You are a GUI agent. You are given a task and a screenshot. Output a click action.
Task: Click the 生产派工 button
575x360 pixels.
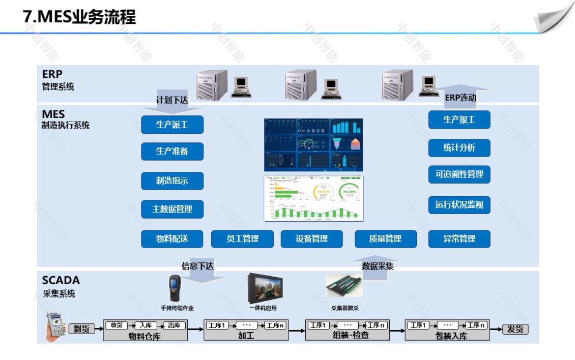172,125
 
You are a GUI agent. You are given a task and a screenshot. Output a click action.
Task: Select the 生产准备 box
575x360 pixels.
172,151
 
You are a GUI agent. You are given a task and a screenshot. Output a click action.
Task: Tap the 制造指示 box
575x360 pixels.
172,181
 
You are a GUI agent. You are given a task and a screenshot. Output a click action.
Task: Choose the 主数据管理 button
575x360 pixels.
172,209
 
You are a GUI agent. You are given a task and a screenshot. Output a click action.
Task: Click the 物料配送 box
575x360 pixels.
172,238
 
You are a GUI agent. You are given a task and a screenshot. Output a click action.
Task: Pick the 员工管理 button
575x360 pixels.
242,238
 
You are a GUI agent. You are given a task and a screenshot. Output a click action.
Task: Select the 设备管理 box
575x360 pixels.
312,238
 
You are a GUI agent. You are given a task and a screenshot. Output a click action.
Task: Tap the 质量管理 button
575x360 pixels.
385,238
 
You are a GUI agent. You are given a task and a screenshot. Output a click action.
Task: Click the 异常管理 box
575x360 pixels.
459,238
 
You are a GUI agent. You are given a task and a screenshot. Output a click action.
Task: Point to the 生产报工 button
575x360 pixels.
459,120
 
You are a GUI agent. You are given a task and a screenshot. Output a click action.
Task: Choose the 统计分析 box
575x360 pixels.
459,148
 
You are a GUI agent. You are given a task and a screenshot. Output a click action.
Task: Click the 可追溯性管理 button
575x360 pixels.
459,175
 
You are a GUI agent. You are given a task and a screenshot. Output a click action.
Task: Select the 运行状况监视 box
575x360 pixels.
459,205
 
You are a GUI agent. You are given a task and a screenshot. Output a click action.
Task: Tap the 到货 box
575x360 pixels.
81,329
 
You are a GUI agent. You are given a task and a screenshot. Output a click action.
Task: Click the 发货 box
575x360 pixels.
515,329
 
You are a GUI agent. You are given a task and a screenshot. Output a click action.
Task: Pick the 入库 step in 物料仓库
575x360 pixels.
146,325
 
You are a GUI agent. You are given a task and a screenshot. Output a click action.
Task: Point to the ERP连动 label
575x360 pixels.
461,98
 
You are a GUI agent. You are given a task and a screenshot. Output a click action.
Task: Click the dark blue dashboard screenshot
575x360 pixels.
313,145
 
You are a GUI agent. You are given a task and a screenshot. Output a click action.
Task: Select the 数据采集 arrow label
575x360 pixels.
378,265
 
